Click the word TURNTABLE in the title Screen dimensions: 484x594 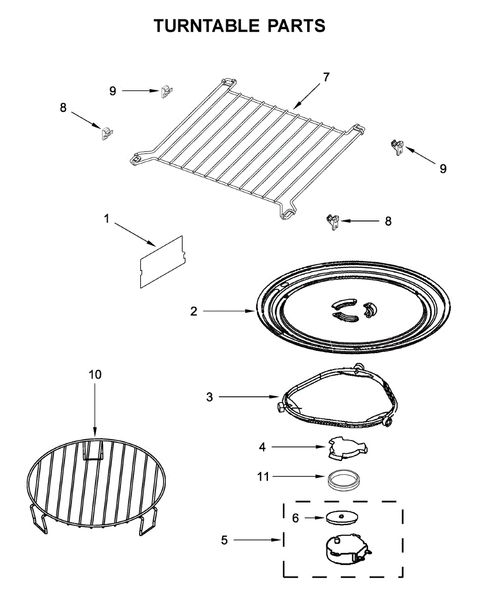pyautogui.click(x=208, y=26)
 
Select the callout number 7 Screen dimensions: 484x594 pyautogui.click(x=326, y=77)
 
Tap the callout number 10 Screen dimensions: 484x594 pyautogui.click(x=95, y=374)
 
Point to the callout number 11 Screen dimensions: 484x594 pyautogui.click(x=263, y=477)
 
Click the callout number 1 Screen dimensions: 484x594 pyautogui.click(x=107, y=219)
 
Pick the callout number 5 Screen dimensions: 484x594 pyautogui.click(x=224, y=541)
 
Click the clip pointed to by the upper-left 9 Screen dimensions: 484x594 pyautogui.click(x=166, y=92)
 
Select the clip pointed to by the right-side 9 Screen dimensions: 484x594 pyautogui.click(x=397, y=147)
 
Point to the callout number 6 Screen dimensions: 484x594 pyautogui.click(x=296, y=518)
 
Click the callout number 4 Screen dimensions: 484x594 pyautogui.click(x=263, y=447)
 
